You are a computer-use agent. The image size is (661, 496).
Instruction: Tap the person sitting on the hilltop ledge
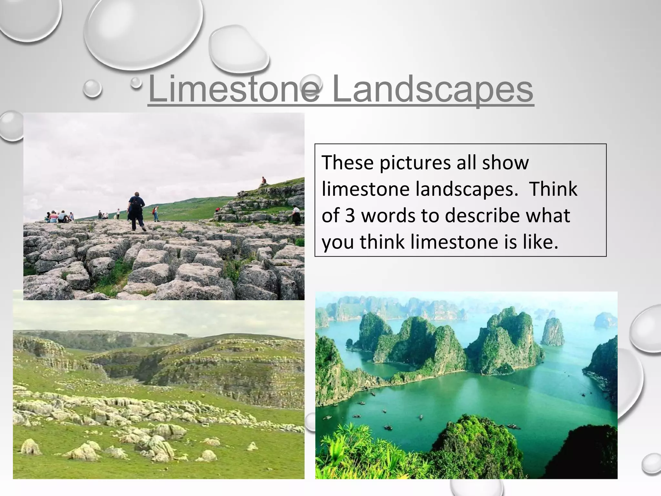click(x=264, y=181)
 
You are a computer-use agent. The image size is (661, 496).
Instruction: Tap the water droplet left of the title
click(x=92, y=88)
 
